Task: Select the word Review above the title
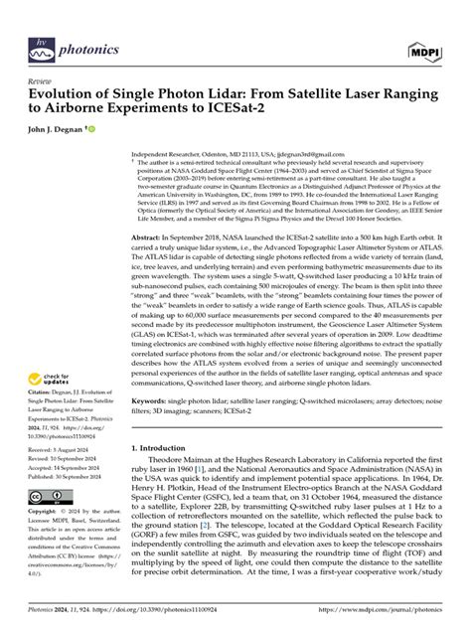[41, 82]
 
